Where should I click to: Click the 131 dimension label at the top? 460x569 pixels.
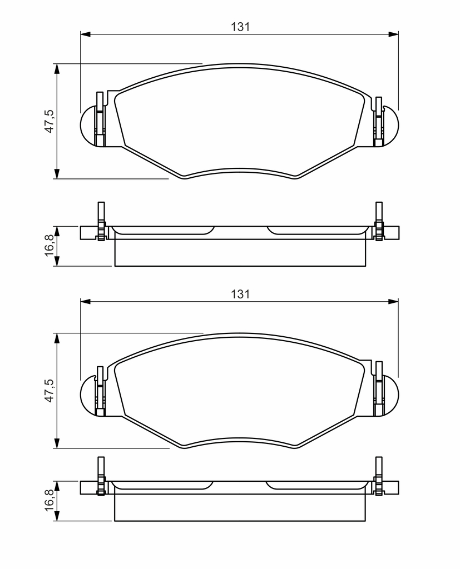(x=240, y=27)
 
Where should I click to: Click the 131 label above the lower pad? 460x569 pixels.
(x=240, y=294)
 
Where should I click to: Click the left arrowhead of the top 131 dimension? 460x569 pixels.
(x=85, y=34)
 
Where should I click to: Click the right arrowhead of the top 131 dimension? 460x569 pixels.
(x=393, y=34)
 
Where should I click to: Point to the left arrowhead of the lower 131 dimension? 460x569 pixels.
(x=85, y=301)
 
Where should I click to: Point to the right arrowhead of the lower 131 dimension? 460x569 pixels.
(x=393, y=301)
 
